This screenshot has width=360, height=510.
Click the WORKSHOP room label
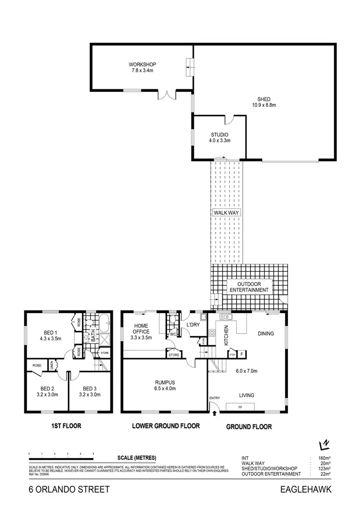[x=142, y=64]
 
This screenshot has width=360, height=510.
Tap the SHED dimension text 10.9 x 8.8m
[x=264, y=105]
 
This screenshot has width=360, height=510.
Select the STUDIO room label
[x=219, y=134]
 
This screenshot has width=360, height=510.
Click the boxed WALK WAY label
[x=226, y=212]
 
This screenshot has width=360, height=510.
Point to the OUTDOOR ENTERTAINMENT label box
[x=249, y=287]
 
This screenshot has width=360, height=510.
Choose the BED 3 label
[x=90, y=389]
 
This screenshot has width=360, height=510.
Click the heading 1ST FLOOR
[x=66, y=425]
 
